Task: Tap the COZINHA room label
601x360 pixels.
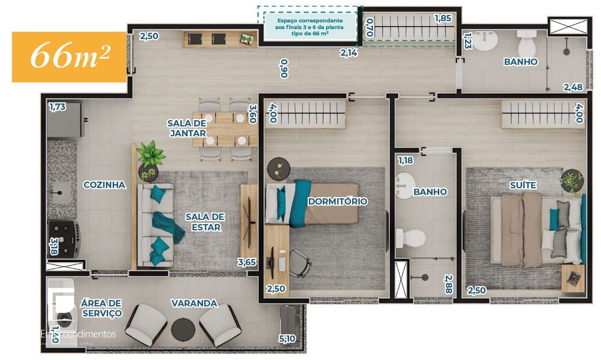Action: pos(105,185)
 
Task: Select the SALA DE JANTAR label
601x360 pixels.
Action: pos(187,128)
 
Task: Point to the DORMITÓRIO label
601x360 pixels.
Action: pos(337,201)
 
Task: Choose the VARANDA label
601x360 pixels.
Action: pos(194,304)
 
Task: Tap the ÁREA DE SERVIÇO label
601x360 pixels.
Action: pos(102,308)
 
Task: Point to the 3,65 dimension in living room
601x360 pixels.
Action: pos(248,262)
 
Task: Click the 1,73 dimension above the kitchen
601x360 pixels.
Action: pos(57,107)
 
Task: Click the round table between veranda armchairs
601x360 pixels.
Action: pos(183,329)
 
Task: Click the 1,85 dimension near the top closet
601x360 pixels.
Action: pos(442,18)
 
